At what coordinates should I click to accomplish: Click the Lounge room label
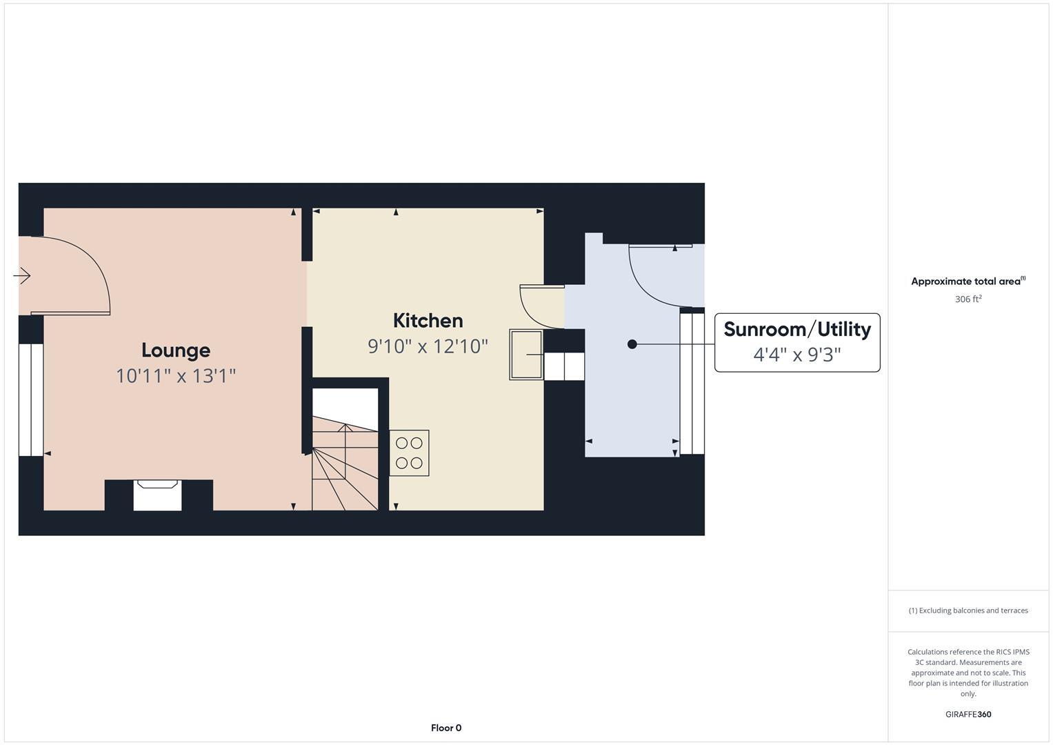pos(176,350)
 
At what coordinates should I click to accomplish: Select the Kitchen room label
pos(428,320)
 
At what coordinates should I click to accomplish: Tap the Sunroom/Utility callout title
pos(796,329)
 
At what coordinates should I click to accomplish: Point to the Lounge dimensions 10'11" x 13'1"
pos(176,376)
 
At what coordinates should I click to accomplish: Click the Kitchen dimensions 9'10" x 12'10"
pos(428,346)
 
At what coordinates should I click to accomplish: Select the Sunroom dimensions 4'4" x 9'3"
pos(796,355)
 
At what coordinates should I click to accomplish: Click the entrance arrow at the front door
pos(22,276)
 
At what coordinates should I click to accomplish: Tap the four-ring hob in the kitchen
pos(409,453)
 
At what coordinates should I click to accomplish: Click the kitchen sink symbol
pos(526,355)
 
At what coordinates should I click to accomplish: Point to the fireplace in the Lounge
pos(157,495)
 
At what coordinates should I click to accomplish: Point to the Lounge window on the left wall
pos(31,399)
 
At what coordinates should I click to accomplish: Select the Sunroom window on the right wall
pos(692,384)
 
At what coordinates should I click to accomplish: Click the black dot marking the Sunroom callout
pos(632,344)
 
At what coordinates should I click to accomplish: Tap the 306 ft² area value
pos(967,299)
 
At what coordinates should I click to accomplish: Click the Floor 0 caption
pos(446,728)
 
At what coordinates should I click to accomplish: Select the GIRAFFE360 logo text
pos(967,714)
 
